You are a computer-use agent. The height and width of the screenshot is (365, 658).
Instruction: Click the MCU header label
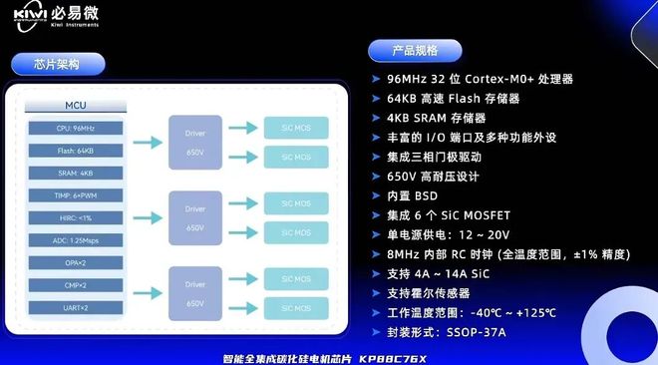[76, 105]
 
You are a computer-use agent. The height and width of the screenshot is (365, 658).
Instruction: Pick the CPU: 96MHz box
[76, 129]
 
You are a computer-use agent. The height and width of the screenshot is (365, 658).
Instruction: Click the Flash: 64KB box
[76, 152]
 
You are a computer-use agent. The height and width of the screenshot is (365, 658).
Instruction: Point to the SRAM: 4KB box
[76, 174]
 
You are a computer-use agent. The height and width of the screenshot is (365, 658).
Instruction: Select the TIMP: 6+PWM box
[76, 196]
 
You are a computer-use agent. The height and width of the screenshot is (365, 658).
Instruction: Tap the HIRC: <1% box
[76, 218]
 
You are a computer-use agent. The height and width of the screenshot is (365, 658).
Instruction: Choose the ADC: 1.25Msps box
[76, 241]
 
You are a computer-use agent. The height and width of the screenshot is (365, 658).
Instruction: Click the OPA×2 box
[76, 263]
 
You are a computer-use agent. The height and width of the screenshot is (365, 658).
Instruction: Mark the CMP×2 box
[76, 286]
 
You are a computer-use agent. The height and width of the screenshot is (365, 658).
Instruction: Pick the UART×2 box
[76, 308]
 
